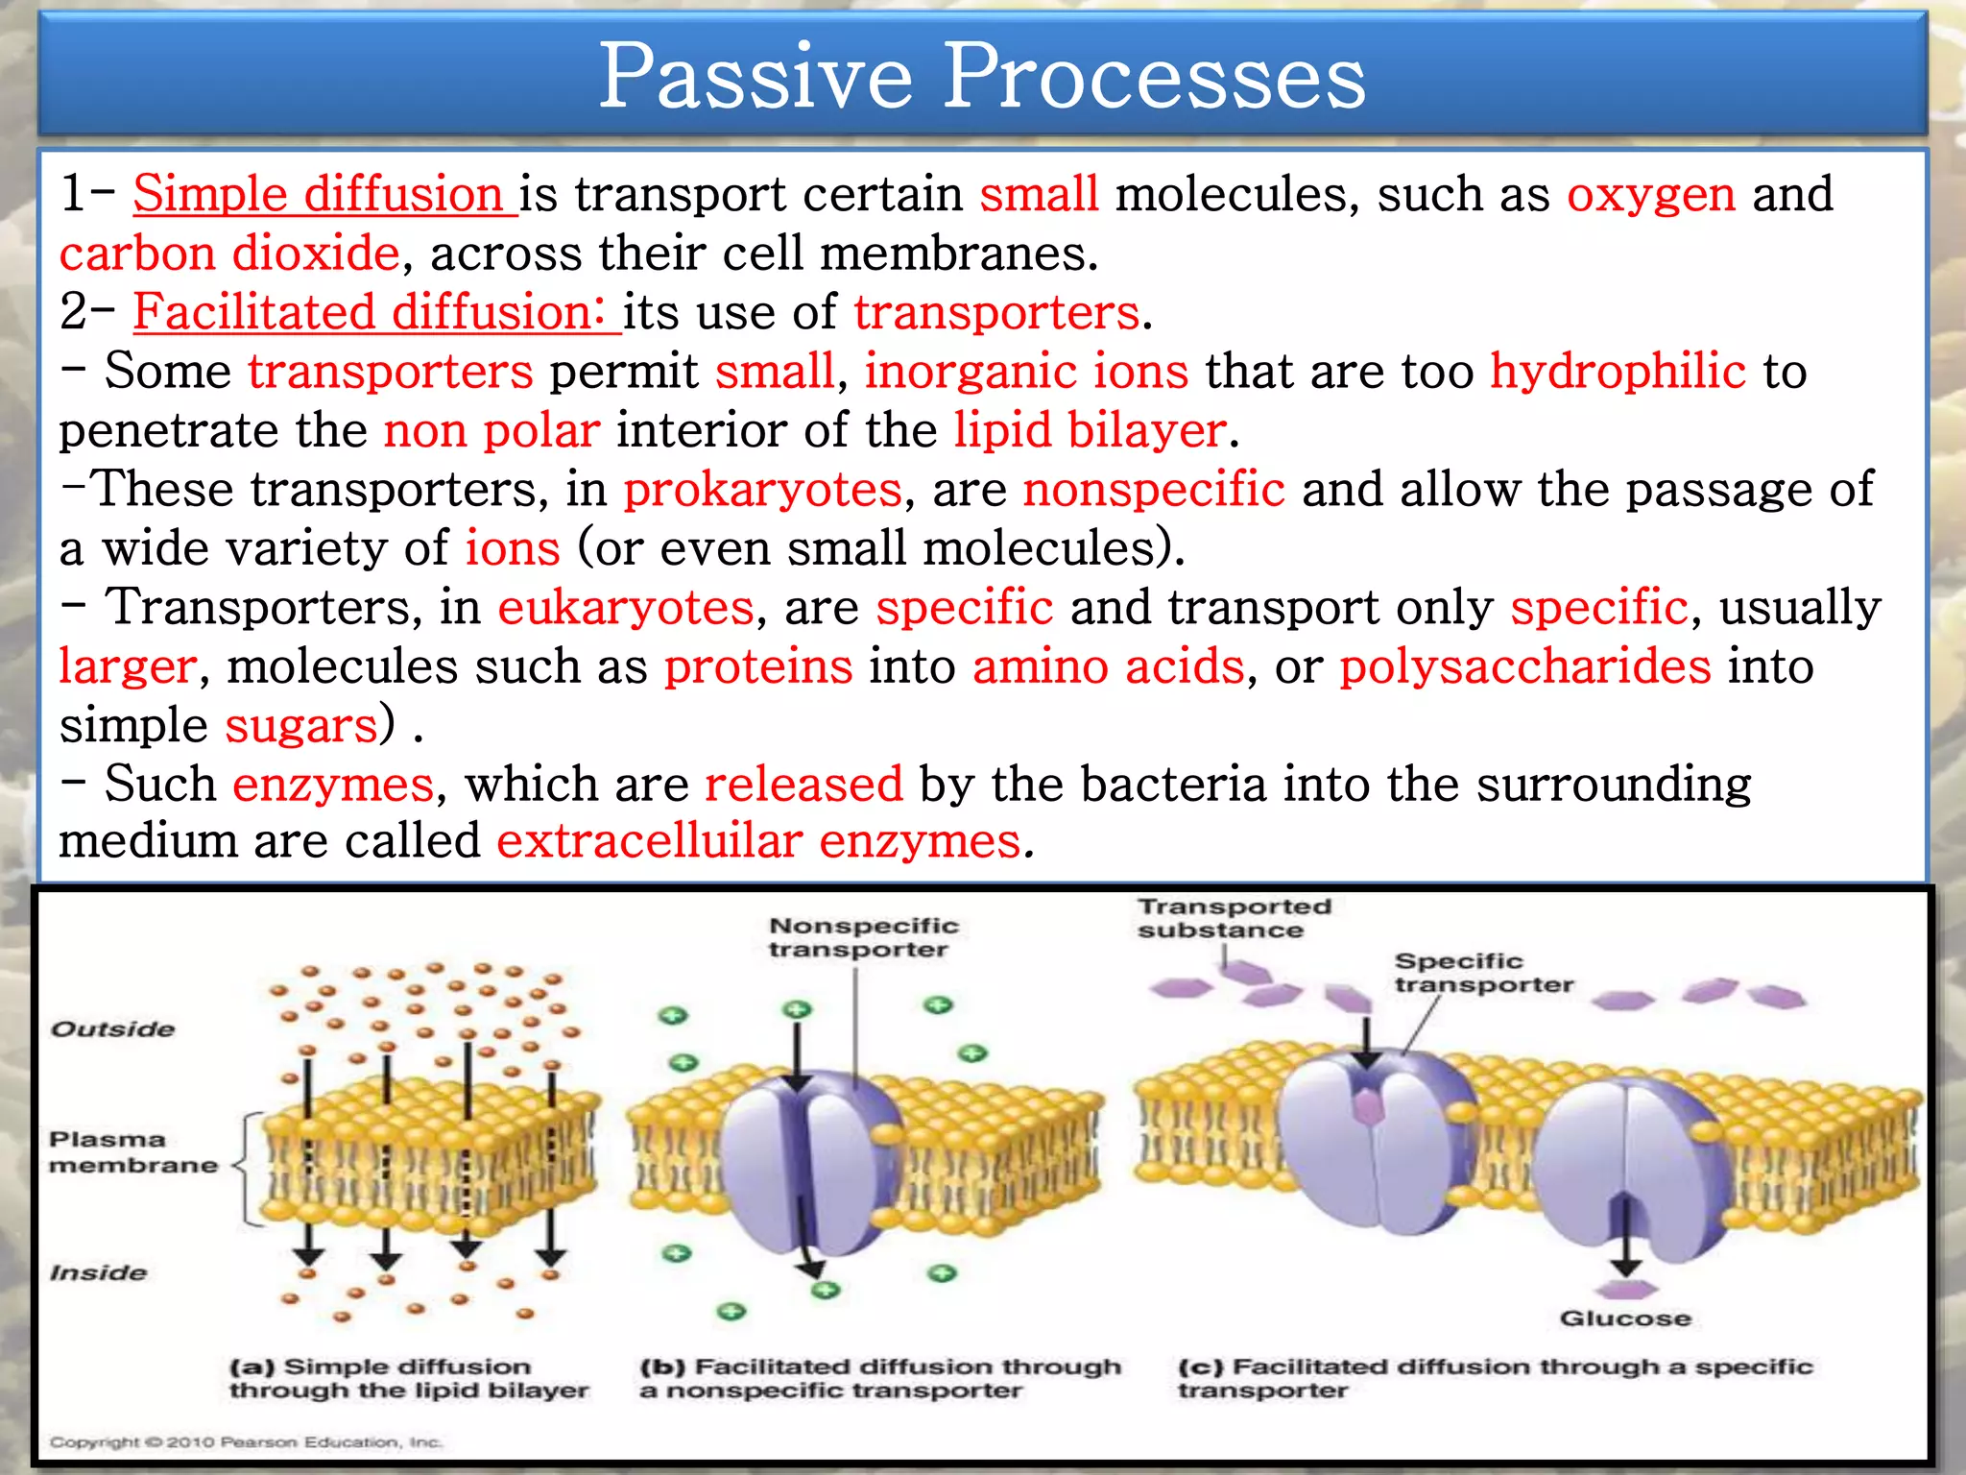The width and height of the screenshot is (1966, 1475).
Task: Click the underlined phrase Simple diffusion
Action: tap(317, 194)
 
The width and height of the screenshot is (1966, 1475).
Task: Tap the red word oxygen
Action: tap(1651, 195)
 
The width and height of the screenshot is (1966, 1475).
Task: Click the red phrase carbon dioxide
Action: tap(228, 254)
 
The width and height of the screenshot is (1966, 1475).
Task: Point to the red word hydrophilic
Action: tap(1618, 372)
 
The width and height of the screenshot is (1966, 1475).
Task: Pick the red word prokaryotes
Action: tap(763, 490)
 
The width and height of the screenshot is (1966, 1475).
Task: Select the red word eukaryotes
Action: tap(626, 608)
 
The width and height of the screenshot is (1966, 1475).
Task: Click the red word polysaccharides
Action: tap(1525, 666)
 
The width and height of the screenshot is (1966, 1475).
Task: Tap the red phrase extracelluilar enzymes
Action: tap(758, 841)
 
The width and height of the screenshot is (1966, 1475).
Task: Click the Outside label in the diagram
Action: tap(112, 1029)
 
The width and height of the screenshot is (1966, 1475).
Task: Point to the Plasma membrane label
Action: tap(132, 1152)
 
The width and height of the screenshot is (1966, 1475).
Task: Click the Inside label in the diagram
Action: tap(99, 1272)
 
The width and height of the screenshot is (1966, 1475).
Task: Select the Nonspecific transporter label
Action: tap(863, 937)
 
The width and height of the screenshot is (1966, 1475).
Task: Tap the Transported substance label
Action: tap(1234, 918)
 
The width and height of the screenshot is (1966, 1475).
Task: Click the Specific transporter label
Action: tap(1483, 973)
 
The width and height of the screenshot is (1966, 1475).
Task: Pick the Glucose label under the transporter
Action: tap(1624, 1318)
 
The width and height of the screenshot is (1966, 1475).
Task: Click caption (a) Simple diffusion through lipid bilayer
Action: tap(408, 1378)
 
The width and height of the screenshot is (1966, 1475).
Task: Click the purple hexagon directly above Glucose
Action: tap(1626, 1289)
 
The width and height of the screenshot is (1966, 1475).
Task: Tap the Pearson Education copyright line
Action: tap(246, 1441)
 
